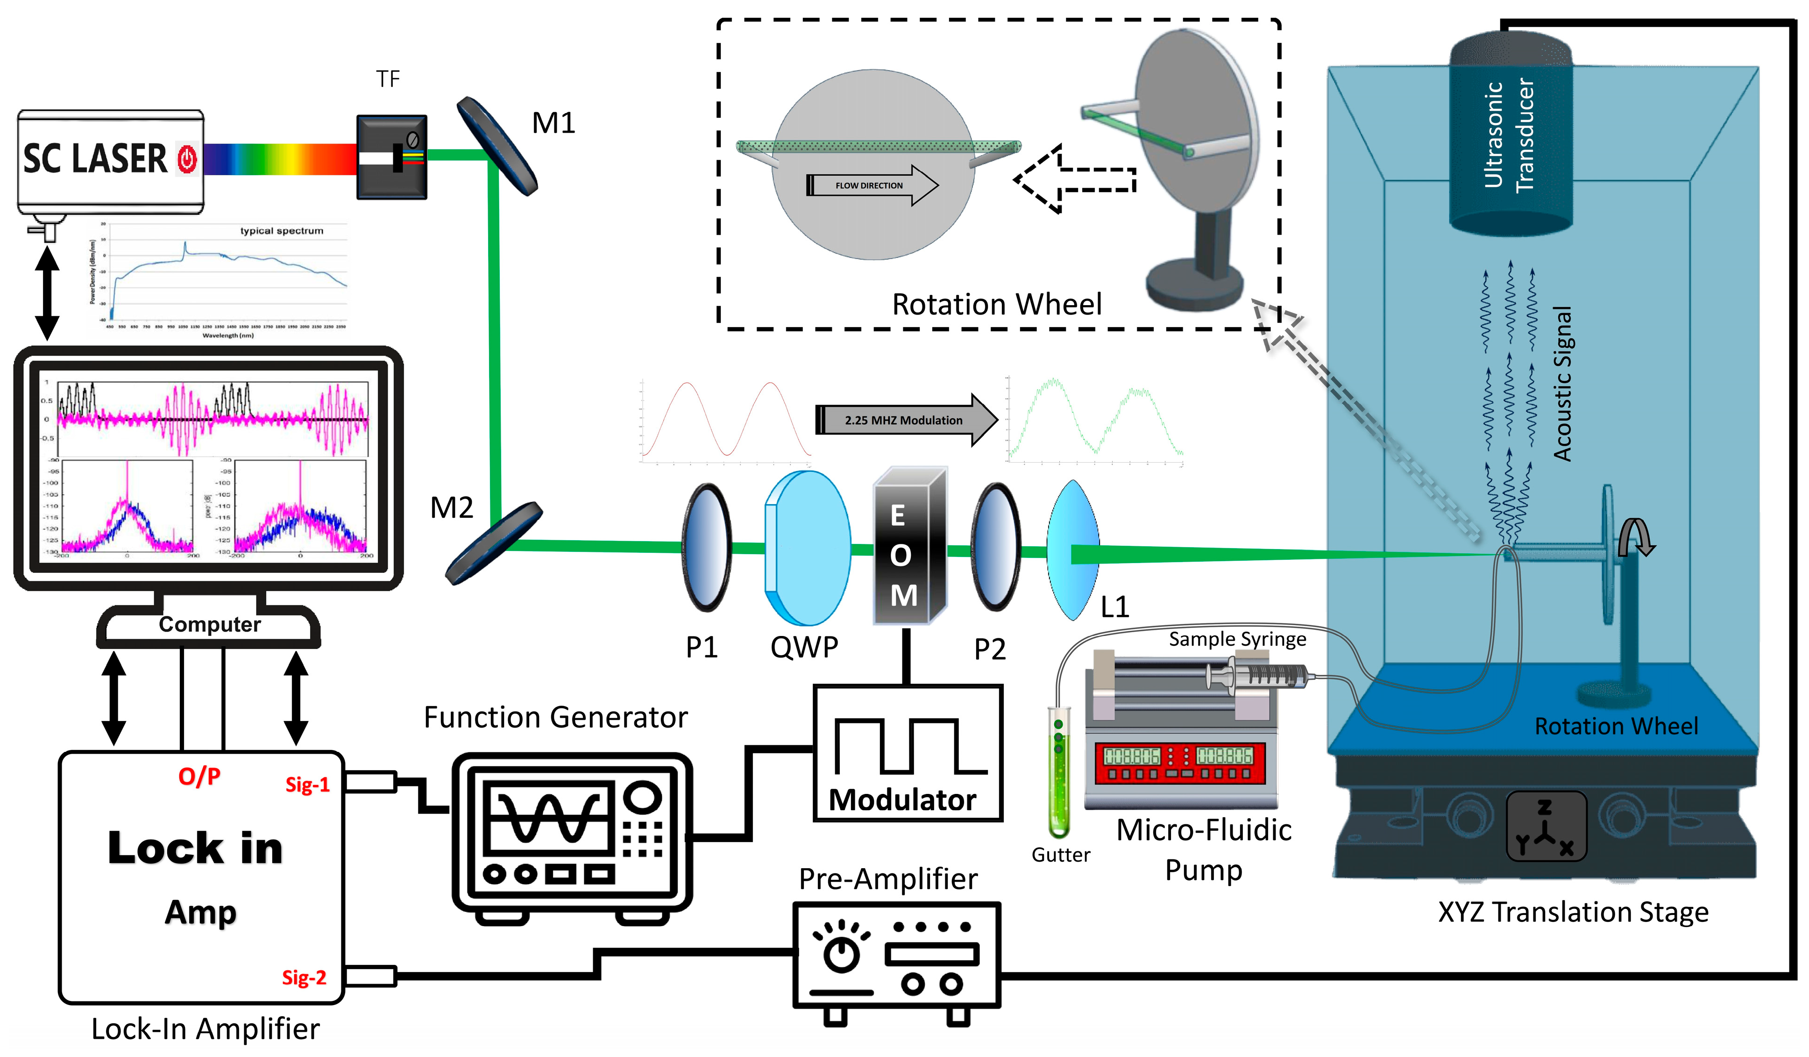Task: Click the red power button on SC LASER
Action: [187, 159]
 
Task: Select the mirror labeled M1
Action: [497, 146]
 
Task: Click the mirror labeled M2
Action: [493, 543]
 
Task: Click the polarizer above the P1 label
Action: [706, 547]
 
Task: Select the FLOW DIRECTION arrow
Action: [872, 185]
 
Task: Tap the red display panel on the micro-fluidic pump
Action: [1178, 763]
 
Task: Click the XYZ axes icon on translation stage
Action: [1545, 826]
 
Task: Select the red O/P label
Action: [199, 776]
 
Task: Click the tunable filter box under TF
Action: [392, 157]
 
